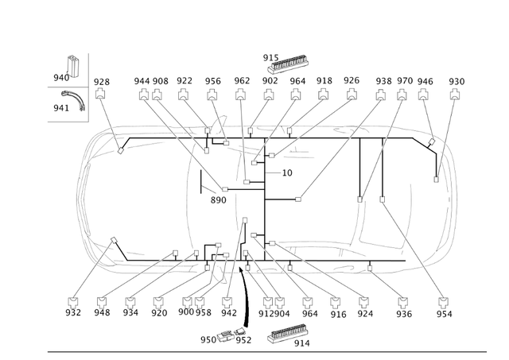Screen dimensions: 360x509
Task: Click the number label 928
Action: coord(101,82)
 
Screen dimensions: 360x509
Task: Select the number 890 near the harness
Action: coord(219,200)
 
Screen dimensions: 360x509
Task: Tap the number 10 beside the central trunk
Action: coord(287,172)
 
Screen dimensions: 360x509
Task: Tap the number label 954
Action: coord(444,314)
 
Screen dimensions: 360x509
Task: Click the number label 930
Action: coord(457,82)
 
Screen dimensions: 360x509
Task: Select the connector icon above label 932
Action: coord(74,301)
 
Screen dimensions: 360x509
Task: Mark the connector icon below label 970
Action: coord(405,95)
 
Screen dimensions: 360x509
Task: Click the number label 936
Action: coord(404,314)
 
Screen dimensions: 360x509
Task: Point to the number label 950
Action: coord(208,340)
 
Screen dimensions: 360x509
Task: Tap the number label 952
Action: coord(243,341)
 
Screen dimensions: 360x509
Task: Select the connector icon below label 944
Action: coord(143,95)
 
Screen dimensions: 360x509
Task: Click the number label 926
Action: coord(351,81)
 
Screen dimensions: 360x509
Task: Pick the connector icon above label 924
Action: coord(364,301)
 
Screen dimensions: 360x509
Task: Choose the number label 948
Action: coord(102,313)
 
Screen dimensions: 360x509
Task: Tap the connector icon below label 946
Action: coord(425,95)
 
